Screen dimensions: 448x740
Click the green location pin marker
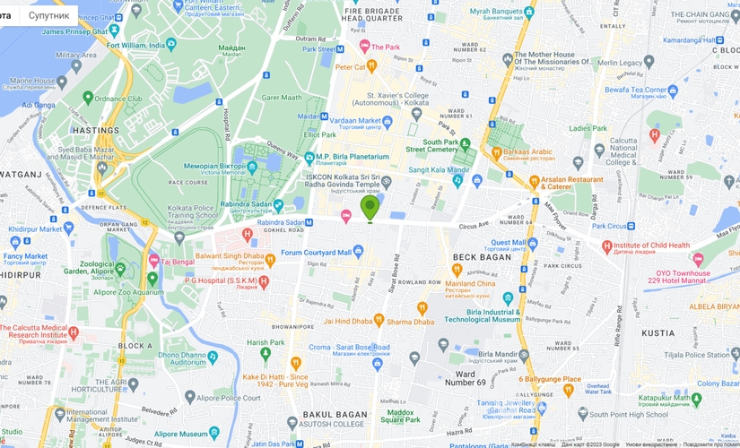pos(370,208)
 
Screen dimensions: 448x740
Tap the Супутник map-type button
pos(48,15)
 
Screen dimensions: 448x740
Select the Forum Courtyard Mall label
pos(316,253)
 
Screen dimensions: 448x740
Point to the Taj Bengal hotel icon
pos(153,260)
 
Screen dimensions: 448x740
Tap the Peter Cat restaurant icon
pos(371,66)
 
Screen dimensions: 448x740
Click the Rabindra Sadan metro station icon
pos(309,223)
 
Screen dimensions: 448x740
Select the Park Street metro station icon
pos(339,49)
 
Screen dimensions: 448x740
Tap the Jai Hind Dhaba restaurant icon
pos(379,320)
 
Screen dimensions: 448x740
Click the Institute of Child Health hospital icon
pos(607,246)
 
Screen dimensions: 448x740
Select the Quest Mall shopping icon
pos(533,243)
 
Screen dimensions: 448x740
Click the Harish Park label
pos(266,342)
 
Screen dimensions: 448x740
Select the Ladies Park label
pos(588,128)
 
